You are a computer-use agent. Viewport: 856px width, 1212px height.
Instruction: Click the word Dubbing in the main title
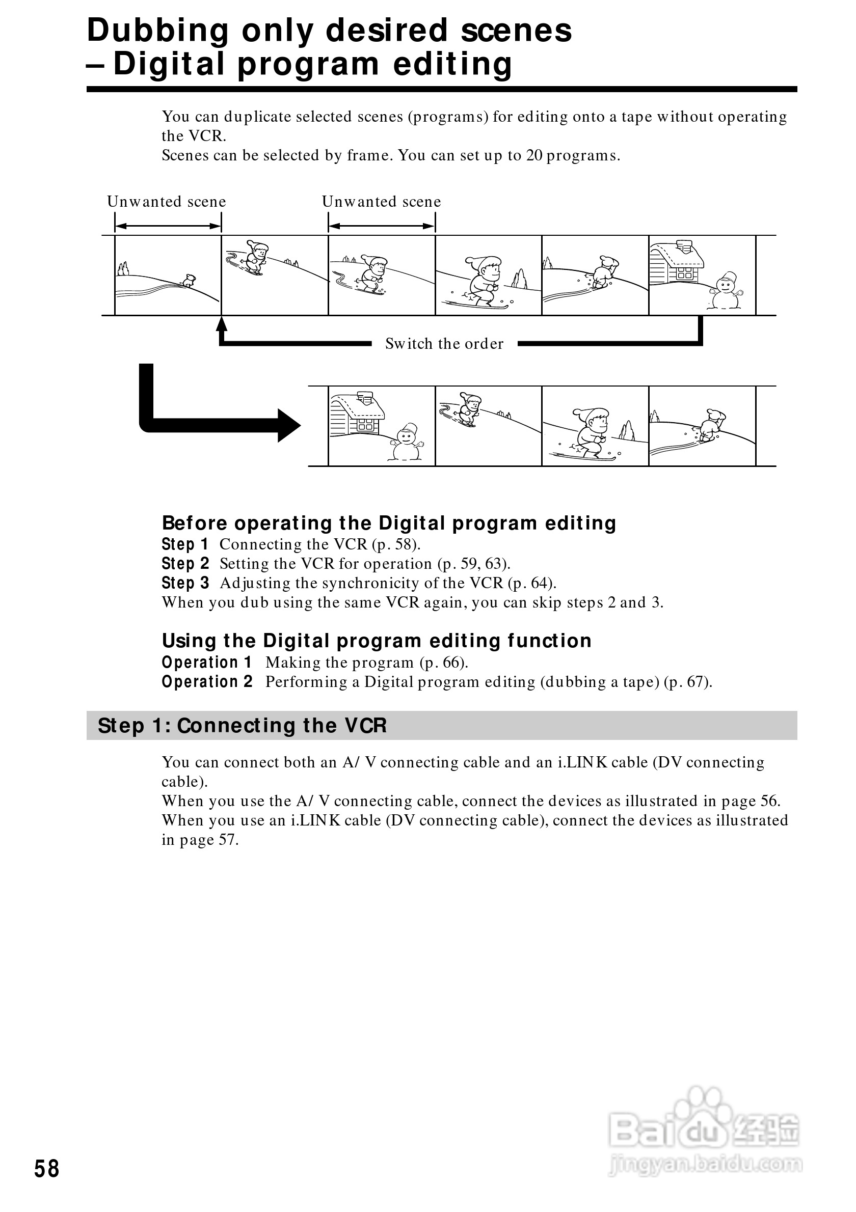coord(157,31)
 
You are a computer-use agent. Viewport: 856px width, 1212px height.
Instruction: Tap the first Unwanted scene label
coord(166,202)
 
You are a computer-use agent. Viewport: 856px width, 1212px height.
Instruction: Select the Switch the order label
coord(444,344)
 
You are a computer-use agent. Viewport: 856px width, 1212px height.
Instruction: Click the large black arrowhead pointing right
coord(288,425)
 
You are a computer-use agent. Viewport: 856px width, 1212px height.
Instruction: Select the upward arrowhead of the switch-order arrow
coord(222,322)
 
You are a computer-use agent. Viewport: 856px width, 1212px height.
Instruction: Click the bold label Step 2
coord(185,564)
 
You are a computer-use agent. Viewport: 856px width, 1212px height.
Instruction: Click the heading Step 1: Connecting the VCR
coord(242,726)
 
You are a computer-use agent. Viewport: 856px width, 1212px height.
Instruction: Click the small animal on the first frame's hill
coord(189,280)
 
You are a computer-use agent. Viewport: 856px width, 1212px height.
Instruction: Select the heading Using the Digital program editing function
coord(377,641)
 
